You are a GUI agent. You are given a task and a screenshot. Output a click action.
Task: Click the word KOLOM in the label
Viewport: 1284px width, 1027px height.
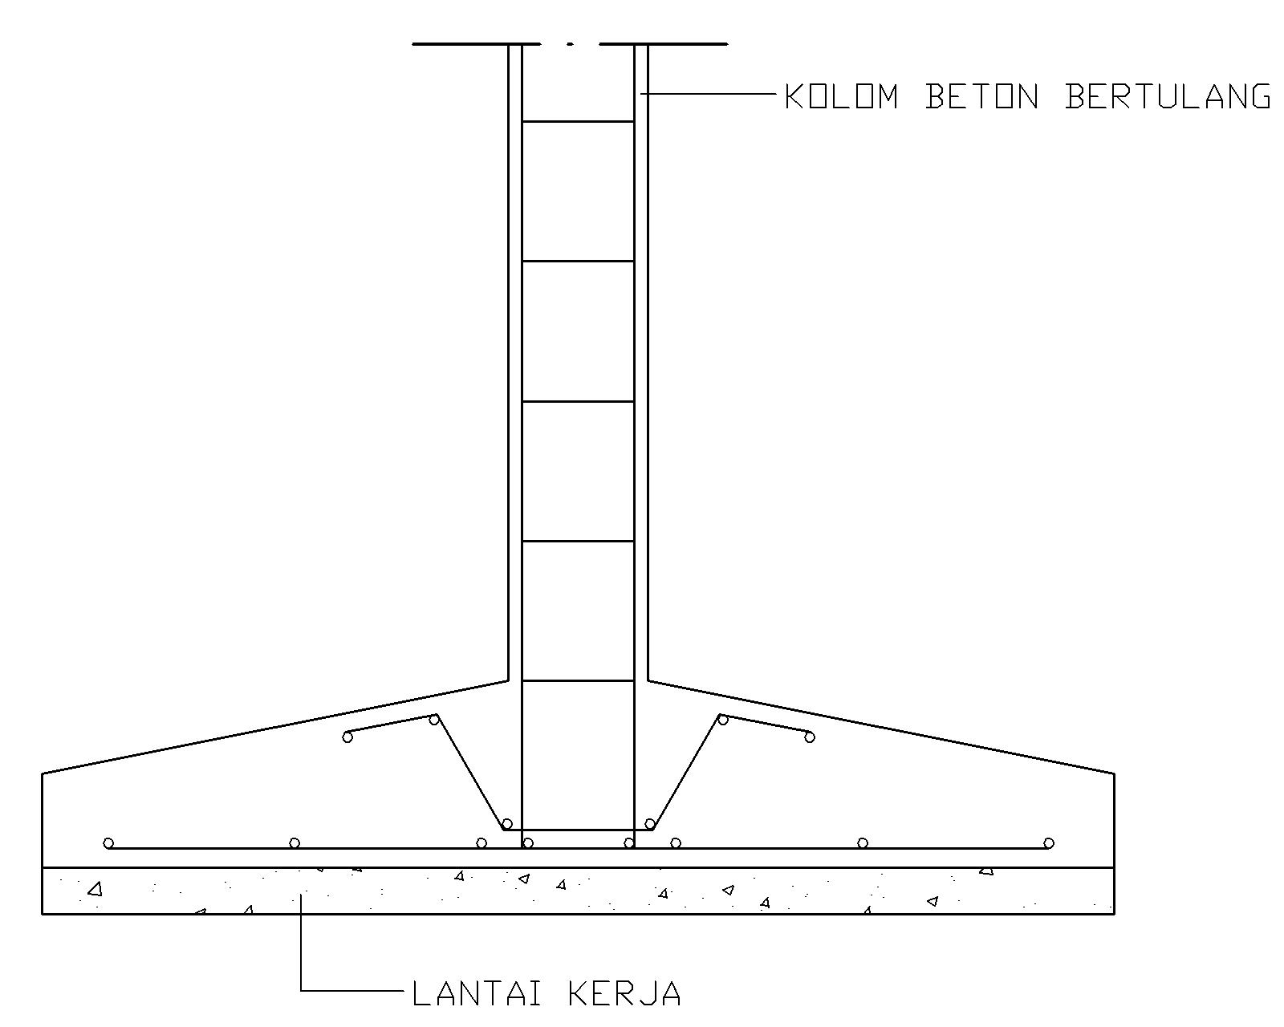click(x=840, y=96)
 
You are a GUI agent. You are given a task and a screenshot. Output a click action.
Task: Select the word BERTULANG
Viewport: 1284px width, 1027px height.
click(x=1168, y=96)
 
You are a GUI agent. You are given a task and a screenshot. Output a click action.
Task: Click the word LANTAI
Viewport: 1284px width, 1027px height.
click(x=478, y=993)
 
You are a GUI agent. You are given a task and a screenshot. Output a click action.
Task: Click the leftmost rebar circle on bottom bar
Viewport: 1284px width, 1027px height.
click(x=108, y=842)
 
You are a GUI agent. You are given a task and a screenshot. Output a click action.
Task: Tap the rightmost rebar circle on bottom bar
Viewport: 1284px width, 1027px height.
click(x=1048, y=842)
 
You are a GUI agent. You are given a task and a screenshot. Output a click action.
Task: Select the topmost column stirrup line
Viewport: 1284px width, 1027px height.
click(x=578, y=122)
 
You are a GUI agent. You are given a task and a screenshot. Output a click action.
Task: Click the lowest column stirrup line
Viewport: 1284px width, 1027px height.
click(x=578, y=681)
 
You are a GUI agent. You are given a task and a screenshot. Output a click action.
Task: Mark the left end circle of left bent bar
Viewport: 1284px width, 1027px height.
click(x=347, y=737)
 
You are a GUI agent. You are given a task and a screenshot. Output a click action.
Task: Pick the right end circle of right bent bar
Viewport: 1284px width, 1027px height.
click(x=809, y=737)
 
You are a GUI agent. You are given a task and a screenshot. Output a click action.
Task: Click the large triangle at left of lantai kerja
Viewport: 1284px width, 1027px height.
click(x=95, y=889)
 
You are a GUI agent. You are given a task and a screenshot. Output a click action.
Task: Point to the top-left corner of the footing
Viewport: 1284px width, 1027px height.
click(x=43, y=773)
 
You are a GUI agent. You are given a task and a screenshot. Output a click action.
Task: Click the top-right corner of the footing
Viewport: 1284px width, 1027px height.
click(x=1114, y=773)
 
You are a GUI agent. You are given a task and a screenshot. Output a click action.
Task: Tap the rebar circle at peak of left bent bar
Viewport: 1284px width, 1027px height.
click(x=434, y=719)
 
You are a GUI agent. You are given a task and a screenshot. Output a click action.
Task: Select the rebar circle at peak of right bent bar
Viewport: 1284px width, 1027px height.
click(x=722, y=719)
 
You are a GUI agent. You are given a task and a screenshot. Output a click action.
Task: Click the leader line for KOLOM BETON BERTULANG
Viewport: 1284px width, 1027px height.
click(x=710, y=95)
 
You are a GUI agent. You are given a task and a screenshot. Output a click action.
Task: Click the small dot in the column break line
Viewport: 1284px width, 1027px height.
click(x=570, y=44)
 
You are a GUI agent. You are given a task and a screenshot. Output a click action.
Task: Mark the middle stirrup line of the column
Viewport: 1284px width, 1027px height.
click(x=578, y=401)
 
